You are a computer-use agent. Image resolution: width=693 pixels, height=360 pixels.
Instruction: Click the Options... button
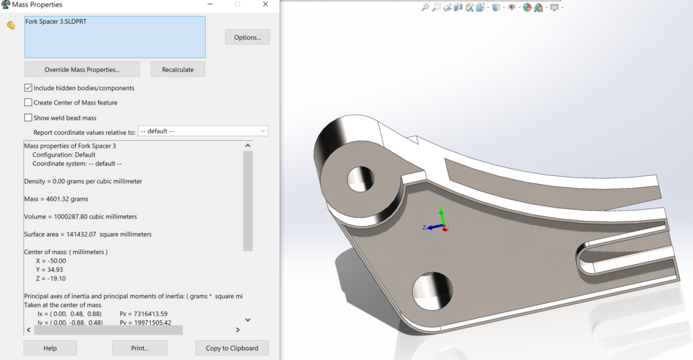248,37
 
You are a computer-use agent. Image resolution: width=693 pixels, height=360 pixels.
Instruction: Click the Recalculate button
178,69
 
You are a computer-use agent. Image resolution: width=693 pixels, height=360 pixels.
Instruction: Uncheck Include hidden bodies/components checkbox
28,88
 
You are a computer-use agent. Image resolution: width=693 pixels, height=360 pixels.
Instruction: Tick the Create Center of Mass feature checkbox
28,102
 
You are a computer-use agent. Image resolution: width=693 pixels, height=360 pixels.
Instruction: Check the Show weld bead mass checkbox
28,118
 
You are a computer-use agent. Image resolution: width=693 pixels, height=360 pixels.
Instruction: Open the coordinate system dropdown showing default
203,131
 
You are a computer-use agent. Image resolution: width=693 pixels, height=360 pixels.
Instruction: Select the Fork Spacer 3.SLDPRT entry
56,22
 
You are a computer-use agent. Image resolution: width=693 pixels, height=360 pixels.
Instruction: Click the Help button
50,348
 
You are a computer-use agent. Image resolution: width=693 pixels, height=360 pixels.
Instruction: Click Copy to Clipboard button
232,348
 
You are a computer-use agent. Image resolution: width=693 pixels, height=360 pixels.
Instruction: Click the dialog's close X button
265,4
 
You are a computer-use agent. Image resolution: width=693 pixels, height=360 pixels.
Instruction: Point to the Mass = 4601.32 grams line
56,198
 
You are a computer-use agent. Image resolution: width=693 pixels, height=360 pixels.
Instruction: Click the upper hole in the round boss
360,178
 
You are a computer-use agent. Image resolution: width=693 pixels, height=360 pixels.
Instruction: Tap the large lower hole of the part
432,292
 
